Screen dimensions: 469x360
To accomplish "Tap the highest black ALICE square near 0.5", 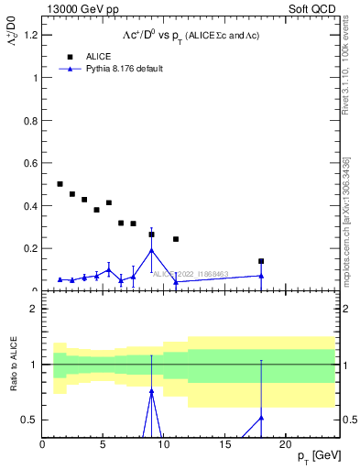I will (x=60, y=184).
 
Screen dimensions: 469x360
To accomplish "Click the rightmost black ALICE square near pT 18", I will (x=261, y=261).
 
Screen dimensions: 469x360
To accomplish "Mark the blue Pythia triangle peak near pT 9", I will (x=151, y=250).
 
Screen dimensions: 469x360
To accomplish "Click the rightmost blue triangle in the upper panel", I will (x=261, y=276).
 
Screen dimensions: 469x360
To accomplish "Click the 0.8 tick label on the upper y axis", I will (x=30, y=120).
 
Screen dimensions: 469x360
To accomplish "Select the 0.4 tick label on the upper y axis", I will (x=30, y=205).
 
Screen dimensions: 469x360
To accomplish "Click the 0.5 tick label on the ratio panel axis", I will (x=30, y=420).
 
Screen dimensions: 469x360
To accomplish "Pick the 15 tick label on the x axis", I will (x=224, y=443).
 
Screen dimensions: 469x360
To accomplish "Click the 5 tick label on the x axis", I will (x=103, y=443).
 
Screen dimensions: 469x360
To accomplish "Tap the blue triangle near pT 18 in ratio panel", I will (x=261, y=418).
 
